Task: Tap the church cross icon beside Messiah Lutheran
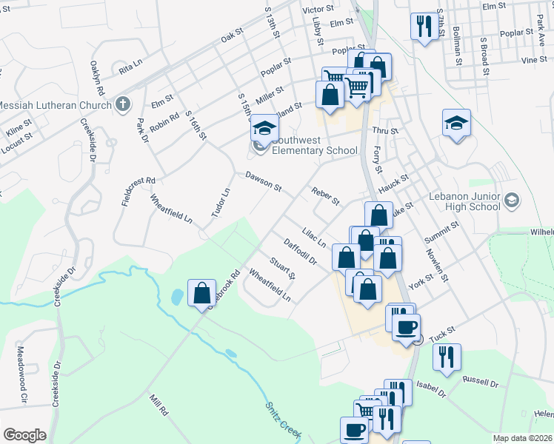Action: click(x=123, y=104)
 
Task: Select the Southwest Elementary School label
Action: click(x=314, y=144)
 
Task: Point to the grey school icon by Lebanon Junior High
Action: click(x=511, y=200)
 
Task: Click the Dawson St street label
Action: click(x=264, y=182)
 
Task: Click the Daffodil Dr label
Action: click(x=300, y=252)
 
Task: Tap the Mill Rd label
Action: click(x=158, y=404)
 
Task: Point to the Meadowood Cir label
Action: click(x=21, y=375)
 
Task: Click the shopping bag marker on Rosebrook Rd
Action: click(x=201, y=293)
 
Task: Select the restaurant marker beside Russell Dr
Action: click(x=446, y=357)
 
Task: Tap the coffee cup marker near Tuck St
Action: click(x=405, y=327)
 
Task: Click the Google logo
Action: click(x=25, y=434)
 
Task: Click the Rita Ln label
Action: click(x=130, y=69)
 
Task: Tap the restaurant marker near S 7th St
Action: click(x=424, y=27)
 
